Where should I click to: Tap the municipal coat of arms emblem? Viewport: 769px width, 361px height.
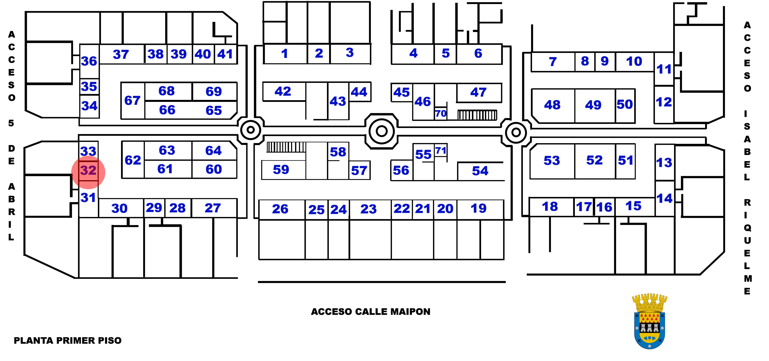(650, 321)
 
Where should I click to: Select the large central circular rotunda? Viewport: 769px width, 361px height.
(382, 131)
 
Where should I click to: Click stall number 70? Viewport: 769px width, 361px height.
(441, 114)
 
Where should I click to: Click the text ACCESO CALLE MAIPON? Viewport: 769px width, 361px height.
(370, 312)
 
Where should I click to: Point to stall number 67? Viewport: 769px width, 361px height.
(133, 101)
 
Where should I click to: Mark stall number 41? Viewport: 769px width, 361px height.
(225, 54)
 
